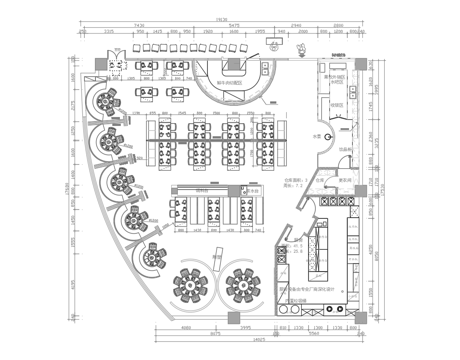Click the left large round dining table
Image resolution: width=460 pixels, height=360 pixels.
tap(190, 285)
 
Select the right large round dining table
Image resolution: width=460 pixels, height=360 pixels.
tap(241, 285)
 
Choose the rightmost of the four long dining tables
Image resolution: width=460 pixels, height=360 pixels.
tap(266, 142)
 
